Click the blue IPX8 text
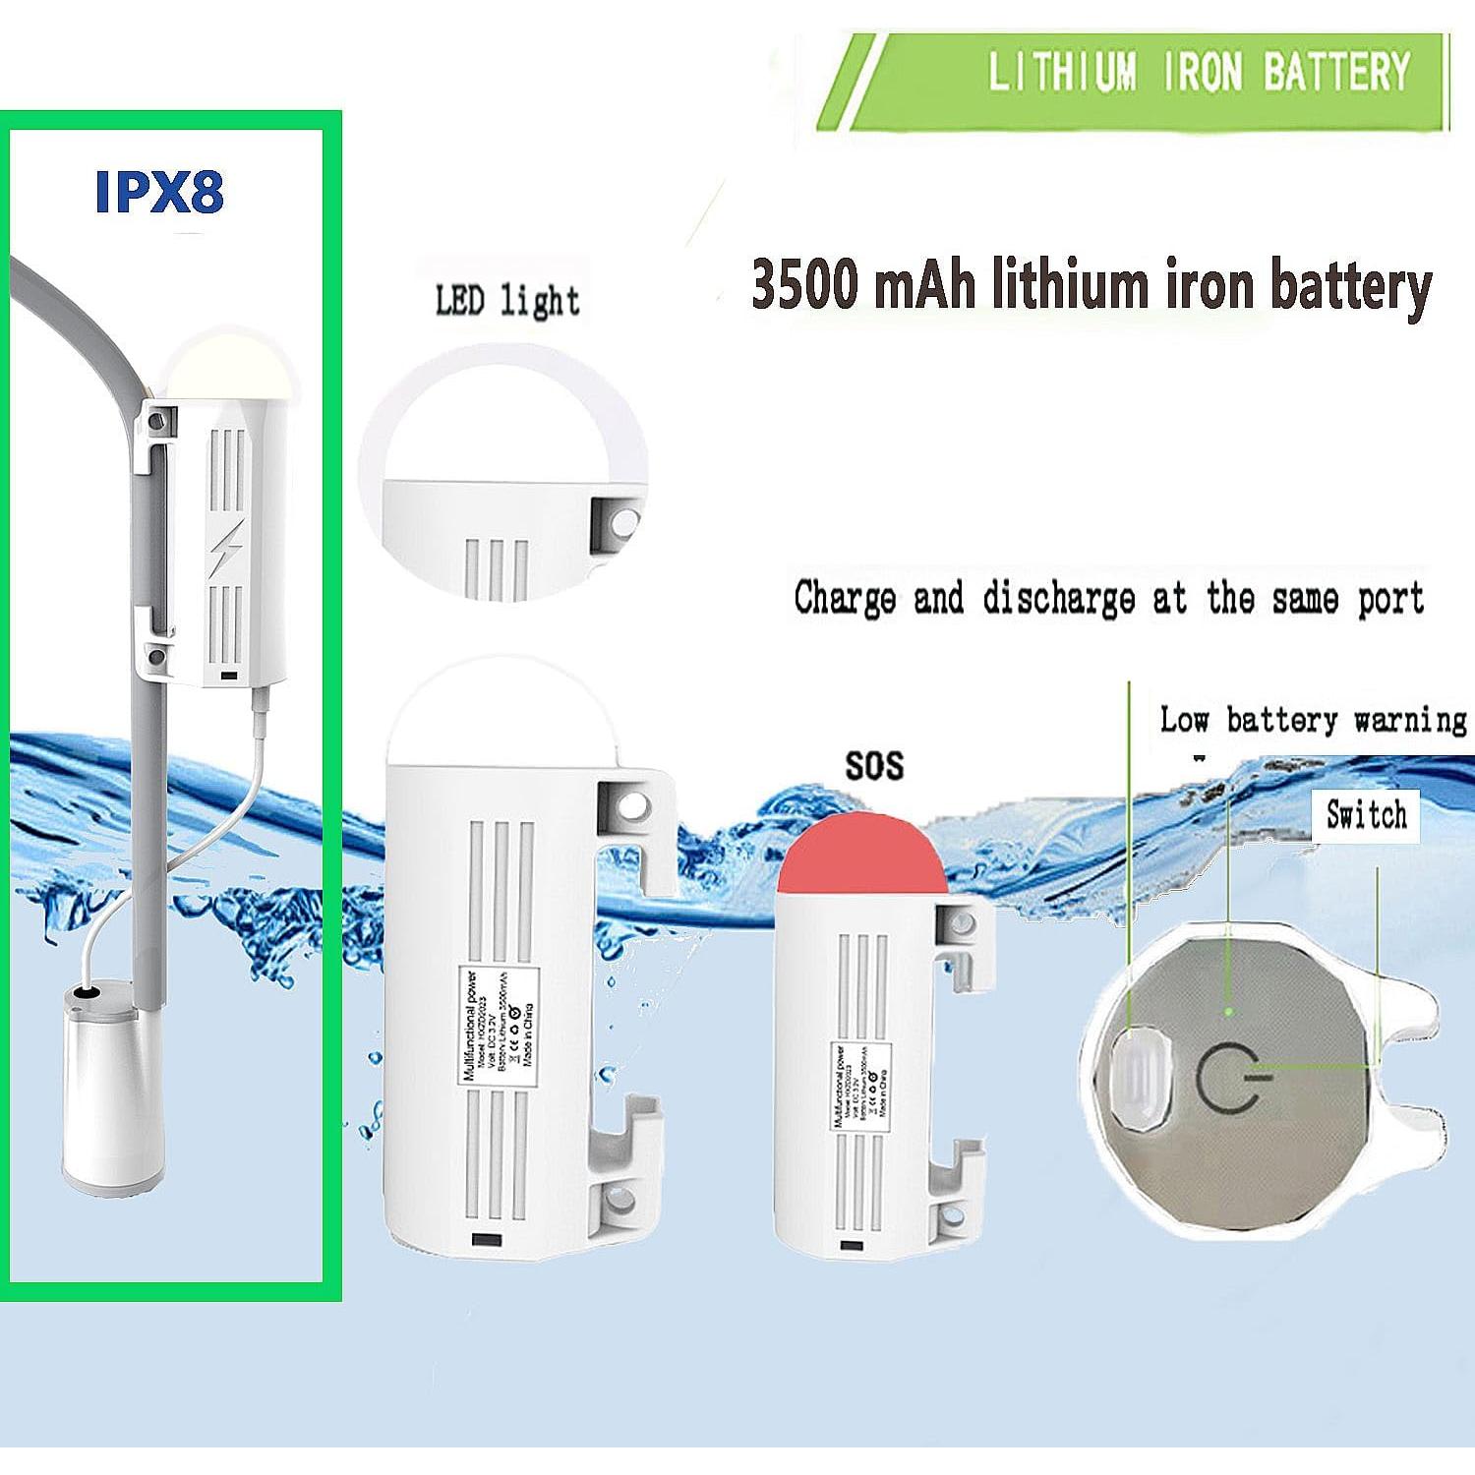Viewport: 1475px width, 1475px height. pos(159,192)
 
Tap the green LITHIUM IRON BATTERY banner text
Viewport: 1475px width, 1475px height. pos(1198,73)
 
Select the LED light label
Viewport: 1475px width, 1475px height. pos(506,300)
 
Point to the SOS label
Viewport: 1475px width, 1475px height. pos(873,765)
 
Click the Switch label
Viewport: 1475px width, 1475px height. pos(1366,814)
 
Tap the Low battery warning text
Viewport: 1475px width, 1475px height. pos(1313,720)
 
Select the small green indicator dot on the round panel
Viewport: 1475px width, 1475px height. pos(1227,1010)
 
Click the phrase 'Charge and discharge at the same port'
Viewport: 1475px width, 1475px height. pos(1108,598)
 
